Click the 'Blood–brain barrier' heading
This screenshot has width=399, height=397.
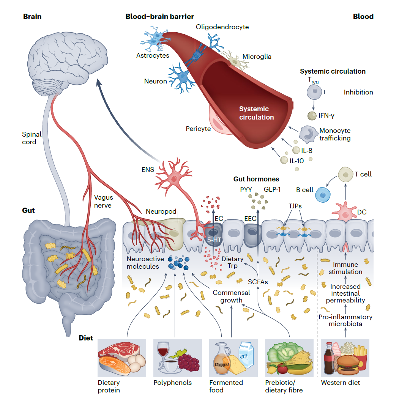[x=159, y=17]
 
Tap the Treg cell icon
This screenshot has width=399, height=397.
[x=314, y=91]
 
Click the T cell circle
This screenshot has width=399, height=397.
[x=345, y=175]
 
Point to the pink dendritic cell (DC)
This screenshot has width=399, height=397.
[x=345, y=211]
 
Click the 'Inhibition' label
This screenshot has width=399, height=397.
[x=358, y=92]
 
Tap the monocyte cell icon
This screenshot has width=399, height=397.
[x=309, y=133]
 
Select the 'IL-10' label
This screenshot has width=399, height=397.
[x=296, y=161]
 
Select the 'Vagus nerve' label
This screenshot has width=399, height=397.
[x=103, y=201]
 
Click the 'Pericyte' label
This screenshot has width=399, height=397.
[x=198, y=129]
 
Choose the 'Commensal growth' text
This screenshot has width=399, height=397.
[x=231, y=296]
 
